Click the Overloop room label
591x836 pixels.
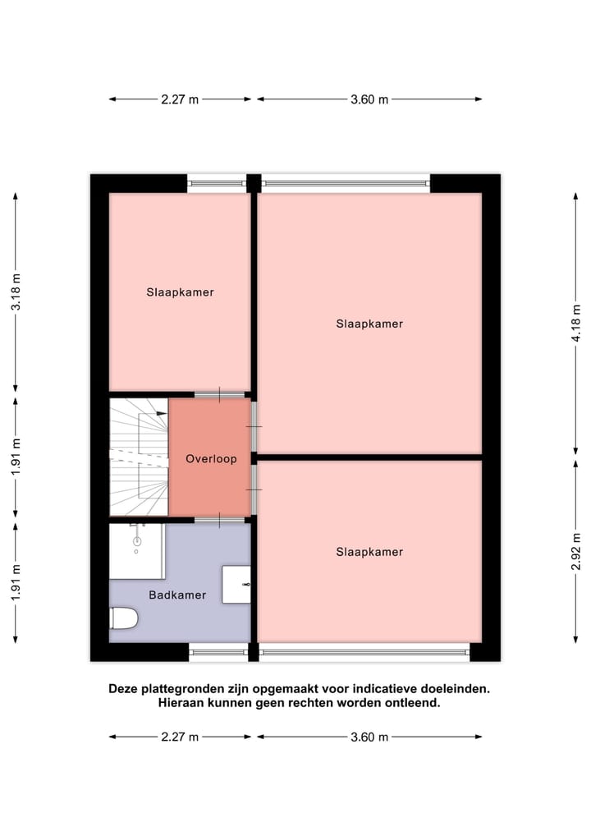[x=211, y=459]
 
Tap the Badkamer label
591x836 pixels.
[x=177, y=595]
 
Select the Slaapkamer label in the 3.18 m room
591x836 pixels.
[x=181, y=292]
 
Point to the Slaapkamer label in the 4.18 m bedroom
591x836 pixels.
[x=369, y=324]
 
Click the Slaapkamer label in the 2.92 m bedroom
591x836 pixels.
[x=369, y=552]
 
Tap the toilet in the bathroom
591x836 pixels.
[x=124, y=618]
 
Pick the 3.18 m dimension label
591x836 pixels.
[x=16, y=292]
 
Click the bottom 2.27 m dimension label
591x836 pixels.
[x=180, y=737]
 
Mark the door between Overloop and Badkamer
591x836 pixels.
[x=219, y=520]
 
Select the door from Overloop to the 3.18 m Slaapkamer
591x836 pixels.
[x=219, y=395]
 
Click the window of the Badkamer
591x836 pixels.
[x=218, y=653]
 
